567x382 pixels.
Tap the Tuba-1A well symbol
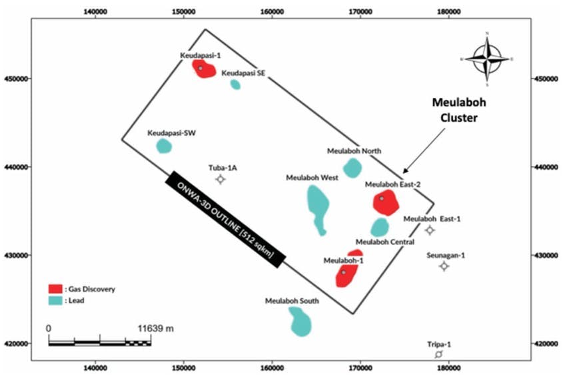tap(221, 179)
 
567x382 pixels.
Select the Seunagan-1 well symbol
tap(444, 266)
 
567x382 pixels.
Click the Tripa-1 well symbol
tap(438, 354)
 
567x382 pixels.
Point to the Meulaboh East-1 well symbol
tap(430, 230)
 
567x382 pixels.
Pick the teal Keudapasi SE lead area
tap(235, 85)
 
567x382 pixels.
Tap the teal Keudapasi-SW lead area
tap(164, 146)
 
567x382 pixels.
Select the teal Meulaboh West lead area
tap(318, 208)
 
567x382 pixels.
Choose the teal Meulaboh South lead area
tap(300, 321)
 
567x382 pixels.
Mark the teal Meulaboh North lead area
tap(352, 168)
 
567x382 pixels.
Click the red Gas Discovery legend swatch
tap(55, 289)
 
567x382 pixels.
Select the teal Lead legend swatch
tap(55, 301)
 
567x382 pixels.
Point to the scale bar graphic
tap(100, 342)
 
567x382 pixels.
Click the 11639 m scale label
tap(155, 329)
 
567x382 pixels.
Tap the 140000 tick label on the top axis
tap(97, 12)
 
